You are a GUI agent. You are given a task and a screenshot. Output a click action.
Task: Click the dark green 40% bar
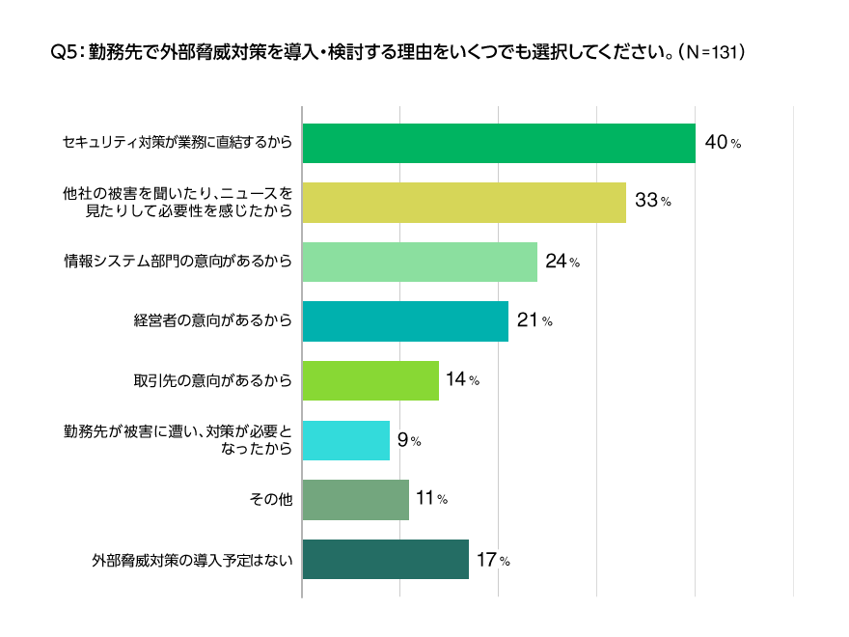coord(499,143)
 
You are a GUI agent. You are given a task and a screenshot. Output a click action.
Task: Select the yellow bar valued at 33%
coord(464,202)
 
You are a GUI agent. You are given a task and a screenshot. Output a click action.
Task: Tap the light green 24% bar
coord(420,262)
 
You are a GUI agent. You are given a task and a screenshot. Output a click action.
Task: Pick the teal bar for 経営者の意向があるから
coord(405,320)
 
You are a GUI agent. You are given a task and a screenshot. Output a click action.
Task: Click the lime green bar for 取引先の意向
coord(370,380)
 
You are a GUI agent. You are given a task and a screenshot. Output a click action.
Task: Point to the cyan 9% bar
coord(345,440)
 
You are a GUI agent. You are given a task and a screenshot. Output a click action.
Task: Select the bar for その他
coord(355,499)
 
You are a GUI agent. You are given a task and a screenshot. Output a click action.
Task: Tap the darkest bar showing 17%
coord(385,559)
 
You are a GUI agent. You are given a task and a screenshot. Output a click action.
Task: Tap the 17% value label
coord(491,559)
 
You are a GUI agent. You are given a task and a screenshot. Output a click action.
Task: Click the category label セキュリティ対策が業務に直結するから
coord(177,143)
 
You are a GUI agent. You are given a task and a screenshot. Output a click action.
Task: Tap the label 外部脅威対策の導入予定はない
coord(192,559)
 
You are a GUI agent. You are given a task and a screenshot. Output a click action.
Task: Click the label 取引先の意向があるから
coord(212,380)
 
